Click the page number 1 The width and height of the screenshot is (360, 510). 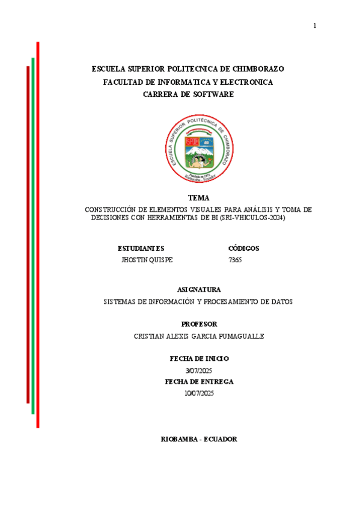314,25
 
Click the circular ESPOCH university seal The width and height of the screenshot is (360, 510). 198,148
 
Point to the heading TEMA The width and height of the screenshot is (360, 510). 198,198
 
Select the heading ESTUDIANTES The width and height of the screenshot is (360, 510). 141,248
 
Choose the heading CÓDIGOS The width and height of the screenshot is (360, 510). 244,248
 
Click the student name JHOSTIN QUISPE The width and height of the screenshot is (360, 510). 147,260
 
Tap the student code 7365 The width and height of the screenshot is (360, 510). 235,260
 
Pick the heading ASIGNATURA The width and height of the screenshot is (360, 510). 199,289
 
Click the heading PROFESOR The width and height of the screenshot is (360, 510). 199,324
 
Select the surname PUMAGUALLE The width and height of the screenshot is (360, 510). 236,336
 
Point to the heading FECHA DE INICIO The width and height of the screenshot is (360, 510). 199,358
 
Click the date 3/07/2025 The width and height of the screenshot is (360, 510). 199,370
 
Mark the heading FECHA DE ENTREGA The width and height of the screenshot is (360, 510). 199,381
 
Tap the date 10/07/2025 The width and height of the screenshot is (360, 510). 199,393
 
